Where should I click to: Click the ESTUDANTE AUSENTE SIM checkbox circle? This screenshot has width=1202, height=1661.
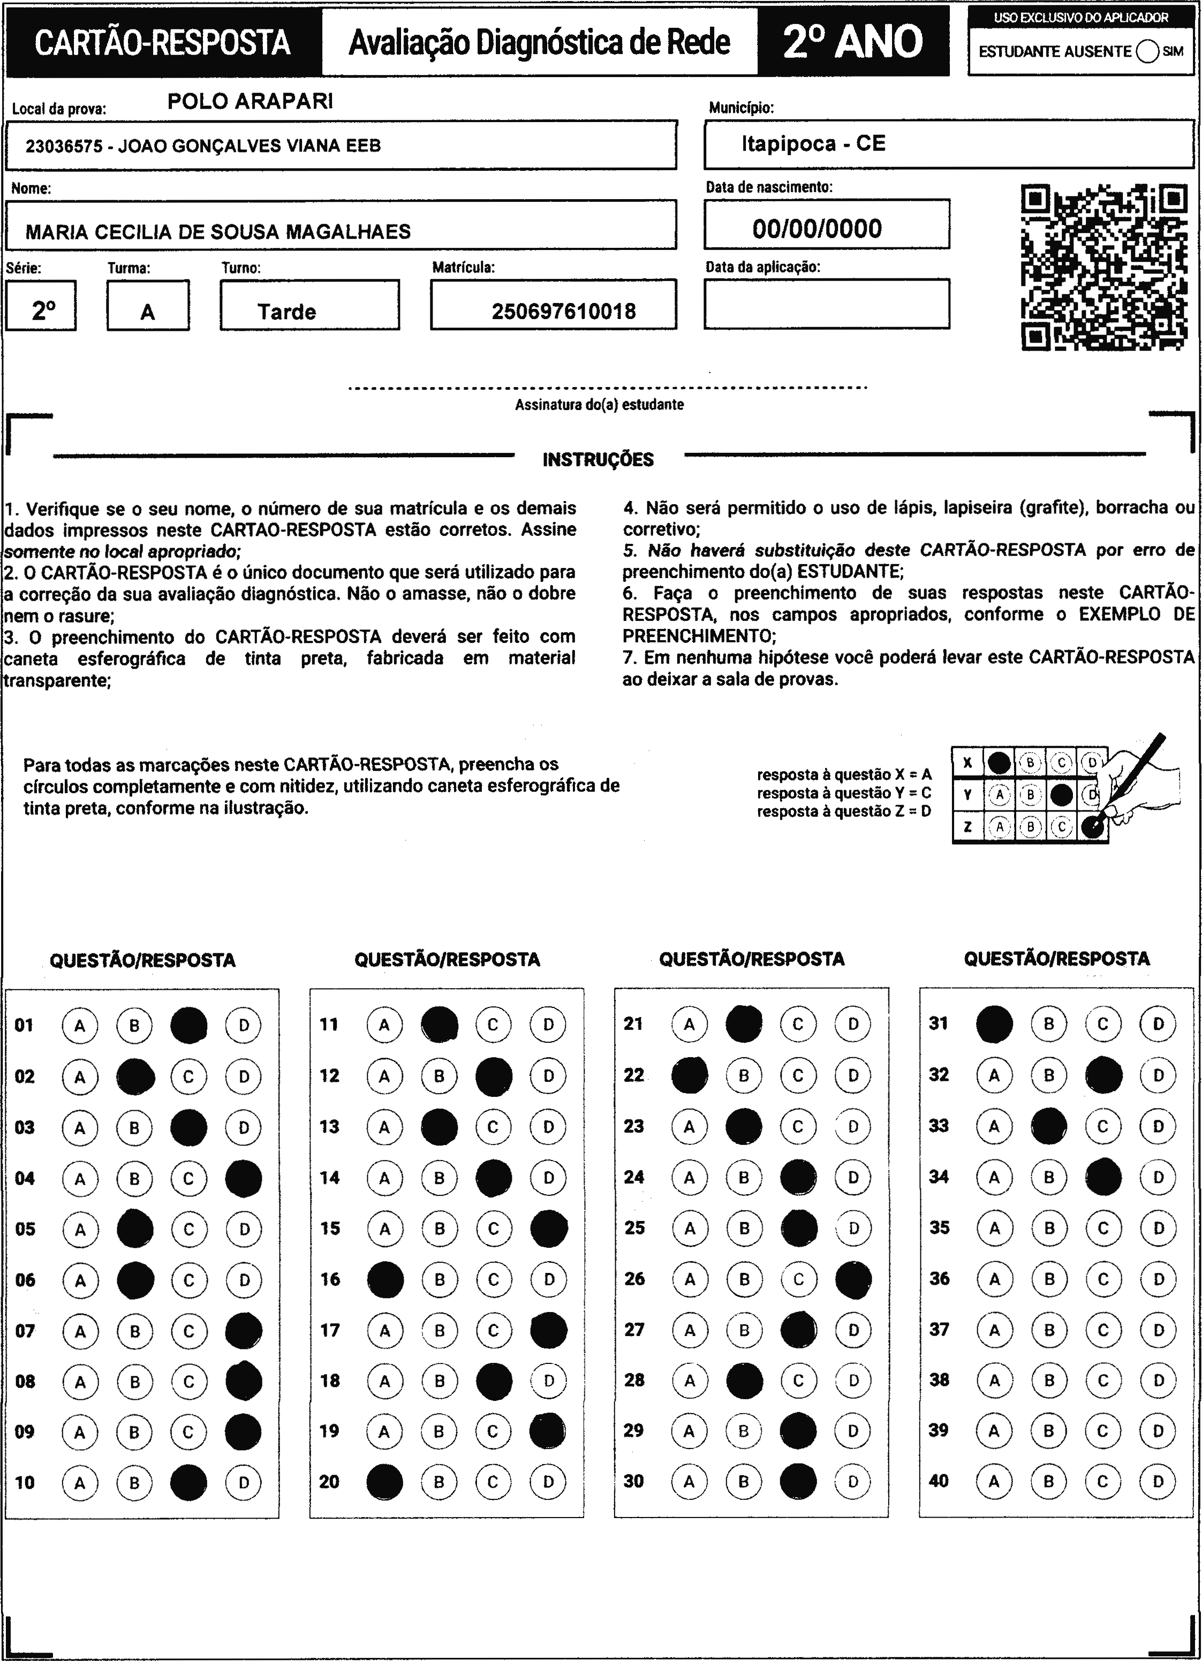tap(1147, 52)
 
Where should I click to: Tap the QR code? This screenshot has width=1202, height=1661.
tap(1104, 267)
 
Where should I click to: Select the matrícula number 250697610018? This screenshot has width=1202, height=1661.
tap(563, 312)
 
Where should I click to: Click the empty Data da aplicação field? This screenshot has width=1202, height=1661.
tap(826, 304)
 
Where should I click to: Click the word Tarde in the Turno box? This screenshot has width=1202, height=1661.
tap(286, 312)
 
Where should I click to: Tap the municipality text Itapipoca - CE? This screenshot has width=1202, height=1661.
tap(813, 143)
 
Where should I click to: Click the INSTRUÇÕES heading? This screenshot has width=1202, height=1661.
tap(598, 460)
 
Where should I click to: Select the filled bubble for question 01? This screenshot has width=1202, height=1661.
tap(189, 1025)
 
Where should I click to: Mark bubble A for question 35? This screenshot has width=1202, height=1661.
tap(994, 1228)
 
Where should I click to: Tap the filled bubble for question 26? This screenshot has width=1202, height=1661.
tap(853, 1279)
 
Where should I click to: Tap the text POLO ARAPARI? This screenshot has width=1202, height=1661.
tap(250, 102)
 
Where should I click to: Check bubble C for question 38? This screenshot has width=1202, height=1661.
tap(1103, 1381)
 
